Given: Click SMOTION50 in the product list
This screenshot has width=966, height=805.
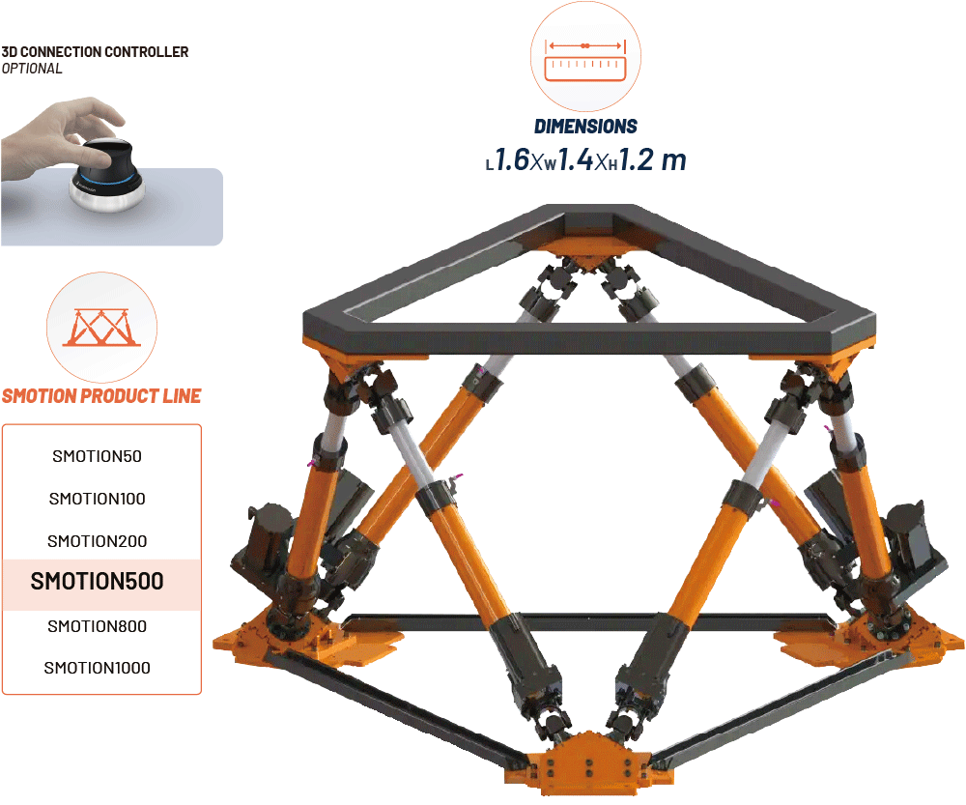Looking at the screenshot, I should (97, 456).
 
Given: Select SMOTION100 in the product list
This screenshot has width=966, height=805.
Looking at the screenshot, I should (97, 499).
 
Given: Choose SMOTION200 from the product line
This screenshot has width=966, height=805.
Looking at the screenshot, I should (97, 541).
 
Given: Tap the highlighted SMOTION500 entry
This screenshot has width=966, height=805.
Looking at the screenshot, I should (97, 582).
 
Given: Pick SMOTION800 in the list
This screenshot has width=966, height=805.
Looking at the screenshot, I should (97, 626).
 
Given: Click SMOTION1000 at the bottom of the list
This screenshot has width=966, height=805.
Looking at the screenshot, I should (97, 668).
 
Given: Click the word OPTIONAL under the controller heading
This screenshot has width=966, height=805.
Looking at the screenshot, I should (32, 69).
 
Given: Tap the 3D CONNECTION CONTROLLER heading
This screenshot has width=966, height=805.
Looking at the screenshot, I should (95, 51).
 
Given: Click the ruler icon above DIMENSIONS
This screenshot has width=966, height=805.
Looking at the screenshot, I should (584, 59).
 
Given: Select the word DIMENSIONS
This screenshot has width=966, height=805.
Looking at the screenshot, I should (585, 126).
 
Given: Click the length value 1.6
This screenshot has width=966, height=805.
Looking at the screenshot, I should (514, 159).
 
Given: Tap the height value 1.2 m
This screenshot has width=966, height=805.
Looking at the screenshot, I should (650, 159).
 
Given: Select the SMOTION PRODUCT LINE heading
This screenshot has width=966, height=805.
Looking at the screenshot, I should (101, 396).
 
